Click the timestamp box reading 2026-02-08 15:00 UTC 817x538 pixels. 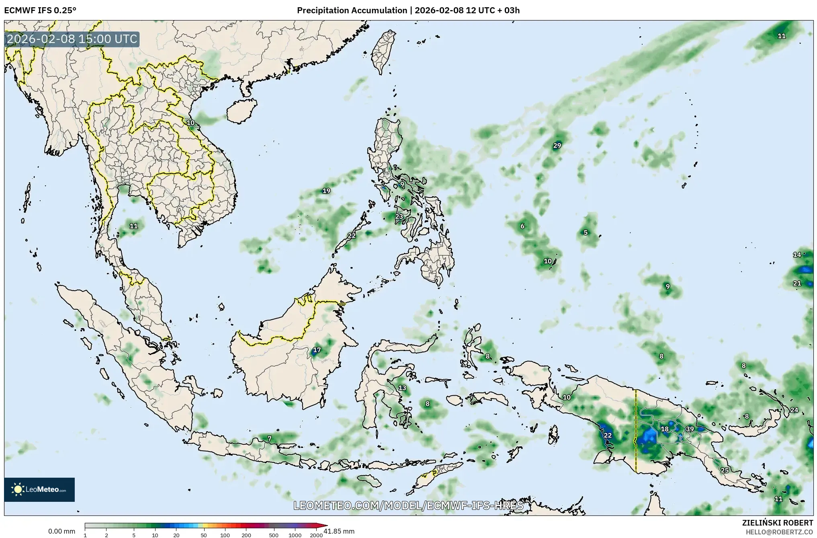coord(72,39)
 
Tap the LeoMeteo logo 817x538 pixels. coord(39,489)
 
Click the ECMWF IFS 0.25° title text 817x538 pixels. coord(40,10)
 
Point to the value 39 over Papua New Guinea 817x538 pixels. coord(690,429)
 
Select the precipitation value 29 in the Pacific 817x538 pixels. coord(557,146)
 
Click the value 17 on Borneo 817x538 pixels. coord(317,350)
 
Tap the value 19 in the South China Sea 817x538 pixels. coord(326,191)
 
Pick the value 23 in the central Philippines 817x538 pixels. coord(399,216)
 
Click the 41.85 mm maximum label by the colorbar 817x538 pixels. coord(339,531)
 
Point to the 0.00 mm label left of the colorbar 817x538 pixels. coord(61,531)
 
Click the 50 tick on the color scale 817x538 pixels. coord(204,535)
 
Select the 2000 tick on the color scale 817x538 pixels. coord(316,535)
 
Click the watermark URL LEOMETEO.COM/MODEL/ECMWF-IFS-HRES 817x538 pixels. coord(408,505)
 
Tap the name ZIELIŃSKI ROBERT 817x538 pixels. coord(777,523)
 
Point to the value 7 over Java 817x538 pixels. coord(269,438)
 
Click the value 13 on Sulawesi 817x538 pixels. coord(402,388)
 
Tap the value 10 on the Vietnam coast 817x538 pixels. coord(190,123)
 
